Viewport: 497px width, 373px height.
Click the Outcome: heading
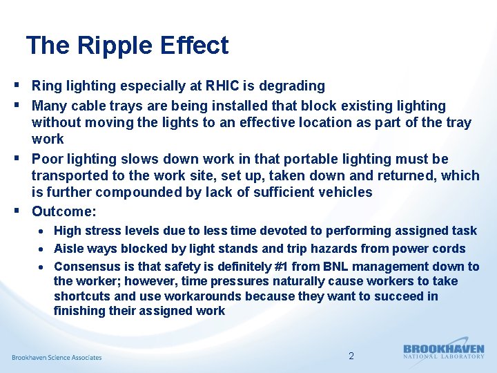tap(64, 211)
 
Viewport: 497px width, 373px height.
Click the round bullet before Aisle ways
tap(42, 249)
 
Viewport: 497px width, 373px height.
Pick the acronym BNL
tap(315, 267)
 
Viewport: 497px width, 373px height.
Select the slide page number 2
tap(351, 356)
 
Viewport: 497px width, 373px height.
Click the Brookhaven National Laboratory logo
tap(443, 352)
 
